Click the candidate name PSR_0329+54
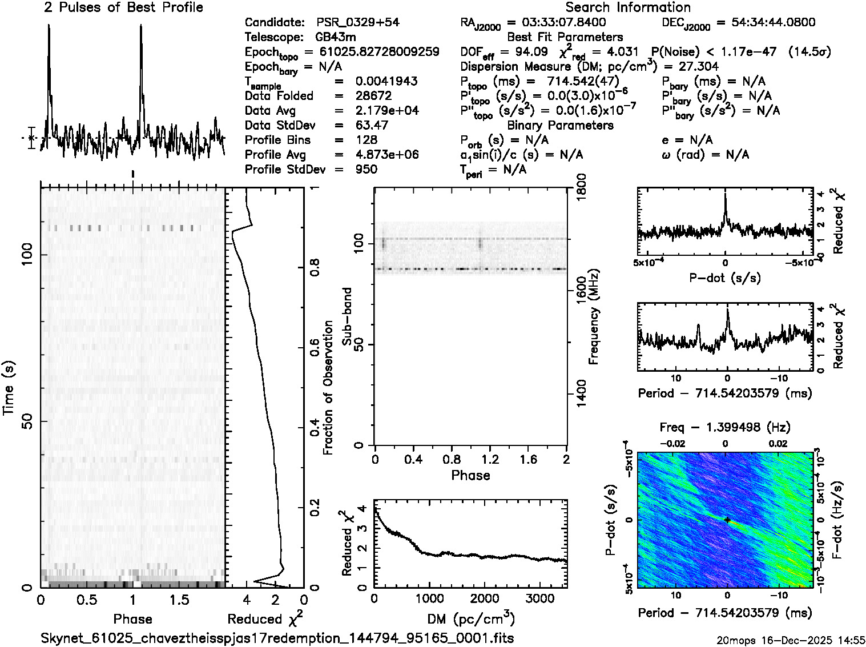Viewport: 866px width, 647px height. (x=358, y=23)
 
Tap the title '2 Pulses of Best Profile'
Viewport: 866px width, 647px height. (x=123, y=7)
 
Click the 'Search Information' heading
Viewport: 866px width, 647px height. (x=628, y=7)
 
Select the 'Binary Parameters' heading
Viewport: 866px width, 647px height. (x=560, y=126)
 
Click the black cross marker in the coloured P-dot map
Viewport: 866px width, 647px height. (x=727, y=520)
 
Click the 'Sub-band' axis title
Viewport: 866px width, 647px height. (x=347, y=316)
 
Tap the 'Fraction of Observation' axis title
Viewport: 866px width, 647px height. (x=328, y=388)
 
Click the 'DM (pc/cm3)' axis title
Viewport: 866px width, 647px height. (x=470, y=619)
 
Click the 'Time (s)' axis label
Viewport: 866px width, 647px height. (x=9, y=388)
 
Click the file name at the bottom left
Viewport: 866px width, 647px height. (x=273, y=638)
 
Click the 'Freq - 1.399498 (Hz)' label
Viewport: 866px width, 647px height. (x=725, y=427)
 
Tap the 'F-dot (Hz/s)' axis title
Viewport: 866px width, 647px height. (x=837, y=520)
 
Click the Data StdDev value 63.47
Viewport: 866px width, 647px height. (x=372, y=126)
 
